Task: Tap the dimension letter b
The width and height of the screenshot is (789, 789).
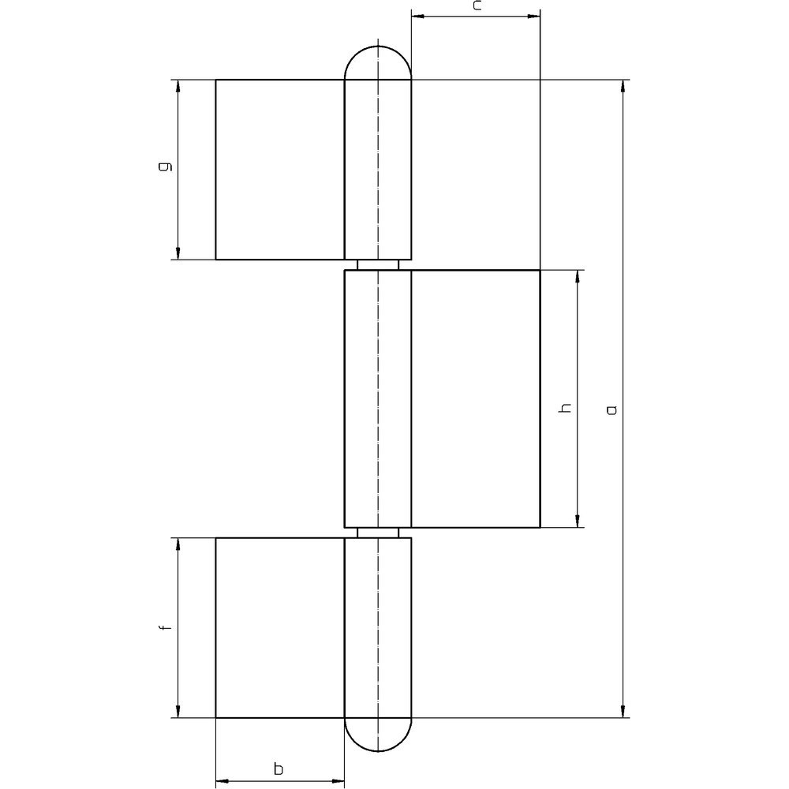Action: [278, 768]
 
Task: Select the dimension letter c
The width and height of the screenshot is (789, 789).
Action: [477, 6]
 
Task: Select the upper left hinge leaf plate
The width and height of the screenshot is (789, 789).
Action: [280, 169]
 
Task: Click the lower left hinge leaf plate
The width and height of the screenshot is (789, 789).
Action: [280, 627]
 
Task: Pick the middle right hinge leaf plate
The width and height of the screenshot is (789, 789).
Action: [475, 398]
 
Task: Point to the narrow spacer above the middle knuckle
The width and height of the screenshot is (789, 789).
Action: [378, 264]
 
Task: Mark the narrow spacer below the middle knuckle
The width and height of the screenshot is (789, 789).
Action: [378, 532]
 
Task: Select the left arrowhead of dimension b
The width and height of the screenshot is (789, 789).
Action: [222, 782]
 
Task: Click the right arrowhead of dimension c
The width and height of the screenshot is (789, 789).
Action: [534, 15]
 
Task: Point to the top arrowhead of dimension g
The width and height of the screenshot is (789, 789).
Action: [178, 86]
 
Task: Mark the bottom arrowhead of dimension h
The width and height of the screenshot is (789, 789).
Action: [579, 521]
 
